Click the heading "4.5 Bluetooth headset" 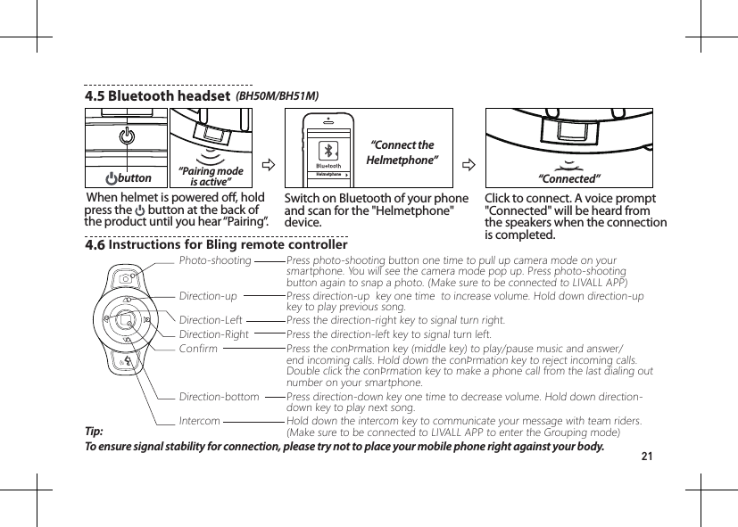tap(157, 95)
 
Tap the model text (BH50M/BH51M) tap(277, 95)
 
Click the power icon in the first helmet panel tap(126, 136)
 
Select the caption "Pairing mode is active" tap(211, 176)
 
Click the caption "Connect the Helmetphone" tap(402, 152)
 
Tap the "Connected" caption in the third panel tap(568, 179)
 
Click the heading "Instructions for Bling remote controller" tap(228, 244)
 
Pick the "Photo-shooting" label tap(215, 260)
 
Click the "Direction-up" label tap(208, 295)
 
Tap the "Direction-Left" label tap(211, 319)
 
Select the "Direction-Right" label tap(214, 334)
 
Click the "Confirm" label tap(198, 349)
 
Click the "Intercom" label tap(200, 420)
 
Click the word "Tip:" tap(94, 431)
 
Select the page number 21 tap(648, 457)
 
